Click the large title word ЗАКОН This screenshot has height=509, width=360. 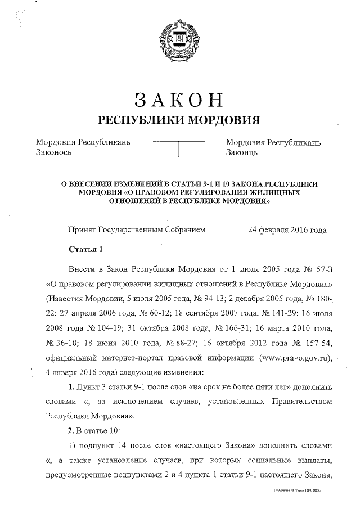click(179, 100)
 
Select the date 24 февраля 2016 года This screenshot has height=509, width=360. click(287, 229)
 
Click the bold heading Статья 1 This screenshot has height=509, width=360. click(85, 249)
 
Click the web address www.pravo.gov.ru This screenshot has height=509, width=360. click(293, 357)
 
